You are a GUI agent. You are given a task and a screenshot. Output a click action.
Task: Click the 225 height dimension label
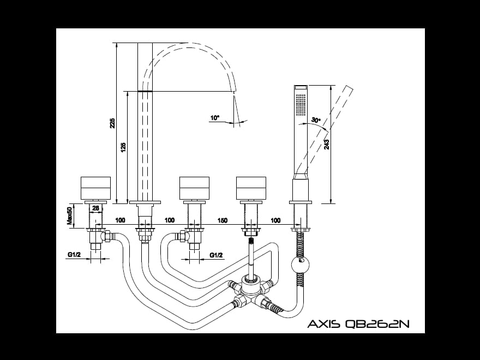(x=112, y=123)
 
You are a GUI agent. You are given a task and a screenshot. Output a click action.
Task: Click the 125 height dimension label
(x=123, y=147)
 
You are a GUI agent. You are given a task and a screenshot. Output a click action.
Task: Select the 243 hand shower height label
(x=326, y=145)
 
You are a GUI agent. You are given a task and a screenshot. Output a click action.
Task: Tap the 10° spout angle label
(x=214, y=118)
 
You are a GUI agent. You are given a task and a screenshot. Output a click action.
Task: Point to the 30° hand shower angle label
(x=315, y=120)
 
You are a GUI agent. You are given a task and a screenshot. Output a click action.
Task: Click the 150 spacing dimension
(x=223, y=220)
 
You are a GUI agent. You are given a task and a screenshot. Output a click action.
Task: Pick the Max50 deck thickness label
(x=70, y=215)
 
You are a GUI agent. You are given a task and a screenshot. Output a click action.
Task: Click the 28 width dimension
(x=95, y=208)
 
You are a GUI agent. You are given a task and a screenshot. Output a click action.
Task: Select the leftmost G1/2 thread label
(x=74, y=255)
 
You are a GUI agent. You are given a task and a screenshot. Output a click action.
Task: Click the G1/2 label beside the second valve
(x=217, y=255)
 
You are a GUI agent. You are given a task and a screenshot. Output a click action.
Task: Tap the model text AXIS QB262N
(x=358, y=324)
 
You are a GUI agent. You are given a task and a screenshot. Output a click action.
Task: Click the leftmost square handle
(x=95, y=189)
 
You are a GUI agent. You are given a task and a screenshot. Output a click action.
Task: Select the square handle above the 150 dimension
(x=251, y=189)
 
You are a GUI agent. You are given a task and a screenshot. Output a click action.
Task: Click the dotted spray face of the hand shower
(x=301, y=104)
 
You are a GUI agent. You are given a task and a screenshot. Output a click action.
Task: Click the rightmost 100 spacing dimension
(x=275, y=220)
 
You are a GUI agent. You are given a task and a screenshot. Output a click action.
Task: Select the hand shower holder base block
(x=301, y=191)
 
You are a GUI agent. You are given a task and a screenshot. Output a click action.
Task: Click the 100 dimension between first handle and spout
(x=121, y=220)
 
